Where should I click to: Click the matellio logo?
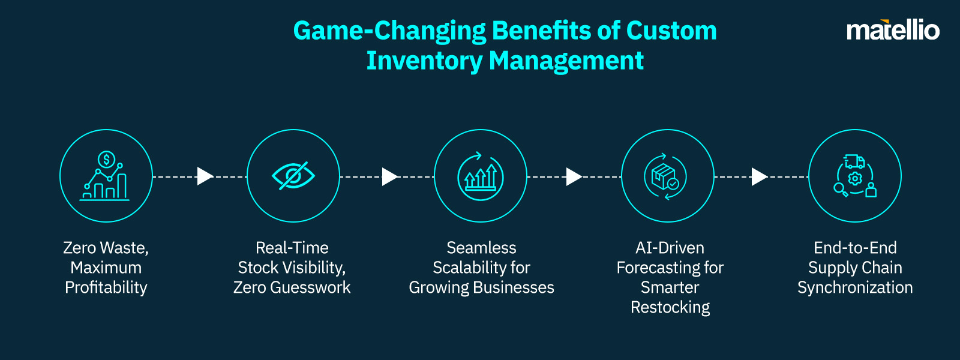tap(892, 30)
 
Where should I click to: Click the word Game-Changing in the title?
tap(389, 31)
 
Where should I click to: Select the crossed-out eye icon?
tap(293, 176)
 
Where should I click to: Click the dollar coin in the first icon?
tap(106, 160)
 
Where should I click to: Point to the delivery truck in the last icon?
tap(854, 161)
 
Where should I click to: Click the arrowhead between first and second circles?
tap(205, 176)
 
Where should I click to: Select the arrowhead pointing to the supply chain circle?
tap(759, 176)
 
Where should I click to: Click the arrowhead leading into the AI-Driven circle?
tap(574, 176)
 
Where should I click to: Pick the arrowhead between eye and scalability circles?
tap(389, 176)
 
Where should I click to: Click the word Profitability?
tap(106, 288)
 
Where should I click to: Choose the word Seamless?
tap(481, 248)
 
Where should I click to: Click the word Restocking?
tap(670, 308)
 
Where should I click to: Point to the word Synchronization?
tap(855, 288)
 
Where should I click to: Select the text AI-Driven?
tap(670, 248)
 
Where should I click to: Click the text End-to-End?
tap(855, 248)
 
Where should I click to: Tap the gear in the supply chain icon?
tap(855, 178)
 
